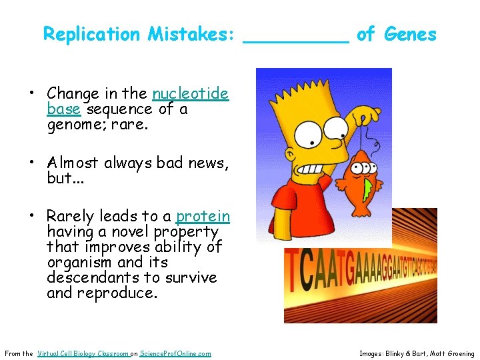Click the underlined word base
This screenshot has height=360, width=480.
coord(63,109)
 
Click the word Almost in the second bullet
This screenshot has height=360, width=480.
coord(72,163)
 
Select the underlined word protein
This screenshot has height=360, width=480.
coord(203,217)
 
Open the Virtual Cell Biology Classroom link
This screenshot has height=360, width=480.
coord(83,353)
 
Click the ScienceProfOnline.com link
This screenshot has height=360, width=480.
coord(175,353)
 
